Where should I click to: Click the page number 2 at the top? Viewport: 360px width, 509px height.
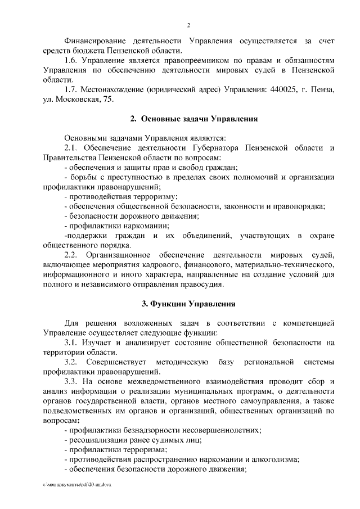pyautogui.click(x=188, y=25)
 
